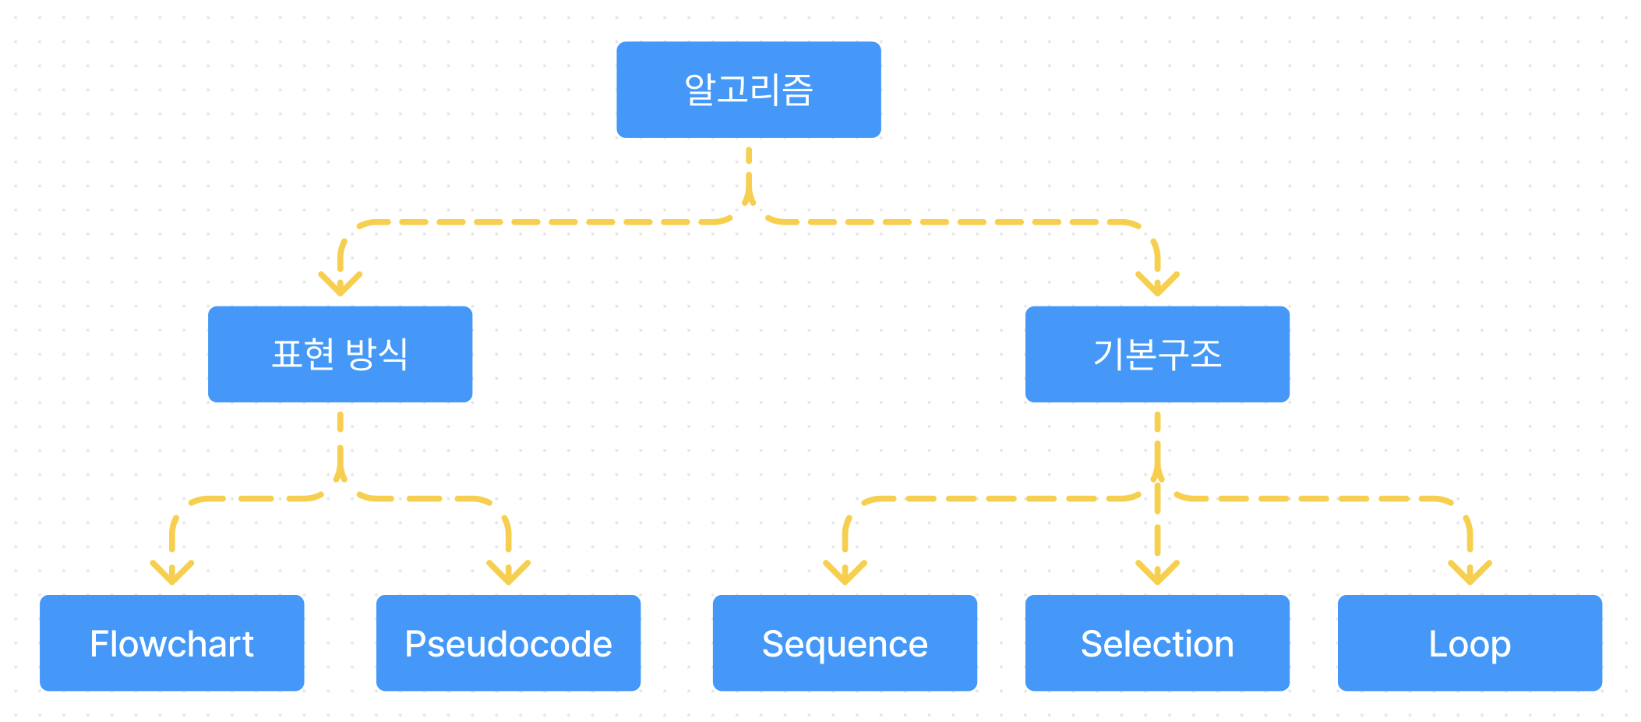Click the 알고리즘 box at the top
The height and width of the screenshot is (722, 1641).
tap(748, 90)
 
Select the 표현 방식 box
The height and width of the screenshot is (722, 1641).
tap(340, 354)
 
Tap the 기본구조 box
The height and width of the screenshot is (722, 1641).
tap(1157, 354)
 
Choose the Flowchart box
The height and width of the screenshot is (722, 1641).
tap(171, 642)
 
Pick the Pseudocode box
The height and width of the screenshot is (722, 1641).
tap(508, 642)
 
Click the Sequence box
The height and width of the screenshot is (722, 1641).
tap(845, 642)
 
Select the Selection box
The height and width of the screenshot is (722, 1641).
tap(1157, 642)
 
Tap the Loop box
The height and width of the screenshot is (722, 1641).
tap(1470, 642)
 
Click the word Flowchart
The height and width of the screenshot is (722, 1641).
tap(171, 644)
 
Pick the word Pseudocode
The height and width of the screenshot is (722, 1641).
tap(508, 644)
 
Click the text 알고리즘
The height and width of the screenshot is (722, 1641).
tap(748, 90)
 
